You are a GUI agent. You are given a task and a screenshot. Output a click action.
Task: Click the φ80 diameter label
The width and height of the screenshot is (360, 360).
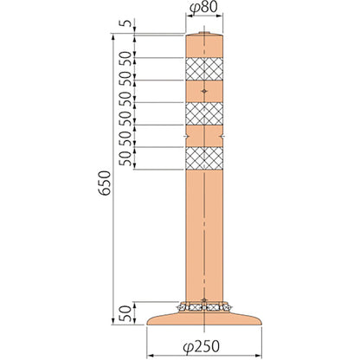203,8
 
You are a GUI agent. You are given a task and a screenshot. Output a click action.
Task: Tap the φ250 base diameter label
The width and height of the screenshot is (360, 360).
202,346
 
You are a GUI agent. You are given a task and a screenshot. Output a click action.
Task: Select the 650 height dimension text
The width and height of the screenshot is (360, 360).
105,183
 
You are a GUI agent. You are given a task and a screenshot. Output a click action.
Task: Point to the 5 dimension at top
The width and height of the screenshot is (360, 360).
125,23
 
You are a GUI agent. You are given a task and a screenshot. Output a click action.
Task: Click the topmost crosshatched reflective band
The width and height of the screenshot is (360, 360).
204,69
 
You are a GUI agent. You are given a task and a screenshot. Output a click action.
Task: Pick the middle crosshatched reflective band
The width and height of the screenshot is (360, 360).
204,113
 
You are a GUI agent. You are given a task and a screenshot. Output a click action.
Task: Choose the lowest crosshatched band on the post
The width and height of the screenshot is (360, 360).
204,158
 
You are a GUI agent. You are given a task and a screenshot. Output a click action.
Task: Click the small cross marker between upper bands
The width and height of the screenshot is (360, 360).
204,92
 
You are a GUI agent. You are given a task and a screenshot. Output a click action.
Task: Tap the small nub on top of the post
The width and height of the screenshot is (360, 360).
204,33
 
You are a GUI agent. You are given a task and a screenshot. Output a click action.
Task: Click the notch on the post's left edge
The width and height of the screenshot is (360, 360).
186,136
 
